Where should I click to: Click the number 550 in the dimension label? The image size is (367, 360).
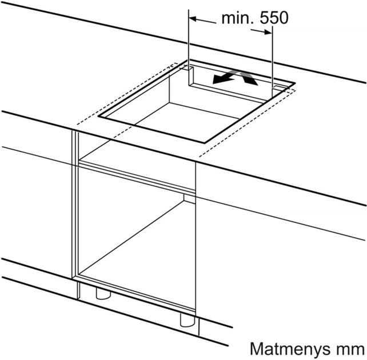coord(274,18)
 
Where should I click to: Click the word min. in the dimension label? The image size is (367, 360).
coord(238,18)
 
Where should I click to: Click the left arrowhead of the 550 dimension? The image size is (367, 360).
coord(193,19)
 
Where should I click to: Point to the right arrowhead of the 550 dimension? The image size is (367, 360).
coord(268,32)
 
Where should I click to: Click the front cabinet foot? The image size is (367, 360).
coord(188,321)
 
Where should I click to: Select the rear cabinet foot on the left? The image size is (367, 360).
coord(103,294)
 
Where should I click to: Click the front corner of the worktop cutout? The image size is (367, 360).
coord(204,142)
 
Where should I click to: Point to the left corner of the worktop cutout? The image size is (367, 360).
coord(98,116)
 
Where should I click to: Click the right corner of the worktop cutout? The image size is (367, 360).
coord(295,83)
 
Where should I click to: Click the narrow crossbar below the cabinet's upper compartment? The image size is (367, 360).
coord(137,177)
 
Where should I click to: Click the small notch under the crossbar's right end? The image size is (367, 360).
coord(189,199)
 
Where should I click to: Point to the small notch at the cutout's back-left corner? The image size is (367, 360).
coord(190,69)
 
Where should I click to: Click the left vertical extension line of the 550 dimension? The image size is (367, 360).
coord(189,47)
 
